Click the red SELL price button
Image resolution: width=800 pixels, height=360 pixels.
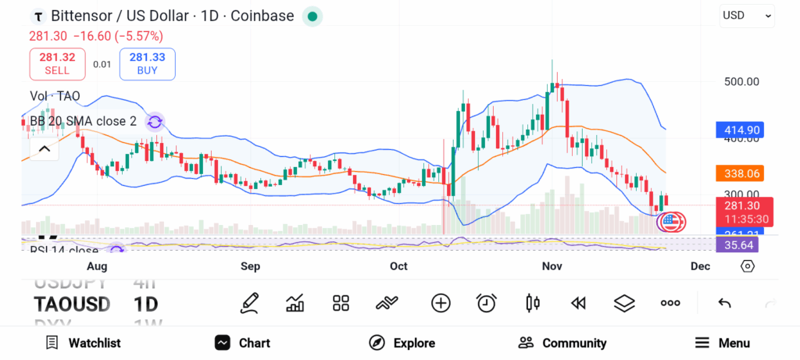coord(57,63)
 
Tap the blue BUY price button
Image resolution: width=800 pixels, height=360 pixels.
coord(147,63)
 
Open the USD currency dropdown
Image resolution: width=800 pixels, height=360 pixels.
coord(747,15)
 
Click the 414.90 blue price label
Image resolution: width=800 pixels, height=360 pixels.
coord(738,130)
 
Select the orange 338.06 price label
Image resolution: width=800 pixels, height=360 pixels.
coord(738,173)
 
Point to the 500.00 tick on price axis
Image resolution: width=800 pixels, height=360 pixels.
coord(741,81)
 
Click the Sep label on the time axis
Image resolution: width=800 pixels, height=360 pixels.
coord(250,266)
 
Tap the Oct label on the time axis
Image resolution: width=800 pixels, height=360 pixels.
coord(398,266)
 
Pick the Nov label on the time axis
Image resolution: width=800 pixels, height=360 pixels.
coord(552,266)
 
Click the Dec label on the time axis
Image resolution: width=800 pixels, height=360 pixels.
coord(700,266)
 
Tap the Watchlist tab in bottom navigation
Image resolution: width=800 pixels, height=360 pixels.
coord(83,343)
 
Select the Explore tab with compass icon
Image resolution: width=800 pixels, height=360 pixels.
coord(402,343)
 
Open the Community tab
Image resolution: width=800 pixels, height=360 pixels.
coord(562,343)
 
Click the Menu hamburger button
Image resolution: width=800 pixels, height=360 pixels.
coord(722,343)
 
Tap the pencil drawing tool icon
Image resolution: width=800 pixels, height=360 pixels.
coord(249,303)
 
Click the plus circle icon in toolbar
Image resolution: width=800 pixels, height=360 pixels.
coord(441,303)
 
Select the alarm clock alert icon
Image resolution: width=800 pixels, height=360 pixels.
coord(487,303)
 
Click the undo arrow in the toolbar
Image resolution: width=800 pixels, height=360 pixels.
coord(724,303)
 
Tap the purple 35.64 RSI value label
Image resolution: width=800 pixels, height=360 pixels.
coord(737,245)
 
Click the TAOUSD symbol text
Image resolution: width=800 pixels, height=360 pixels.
coord(72,304)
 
